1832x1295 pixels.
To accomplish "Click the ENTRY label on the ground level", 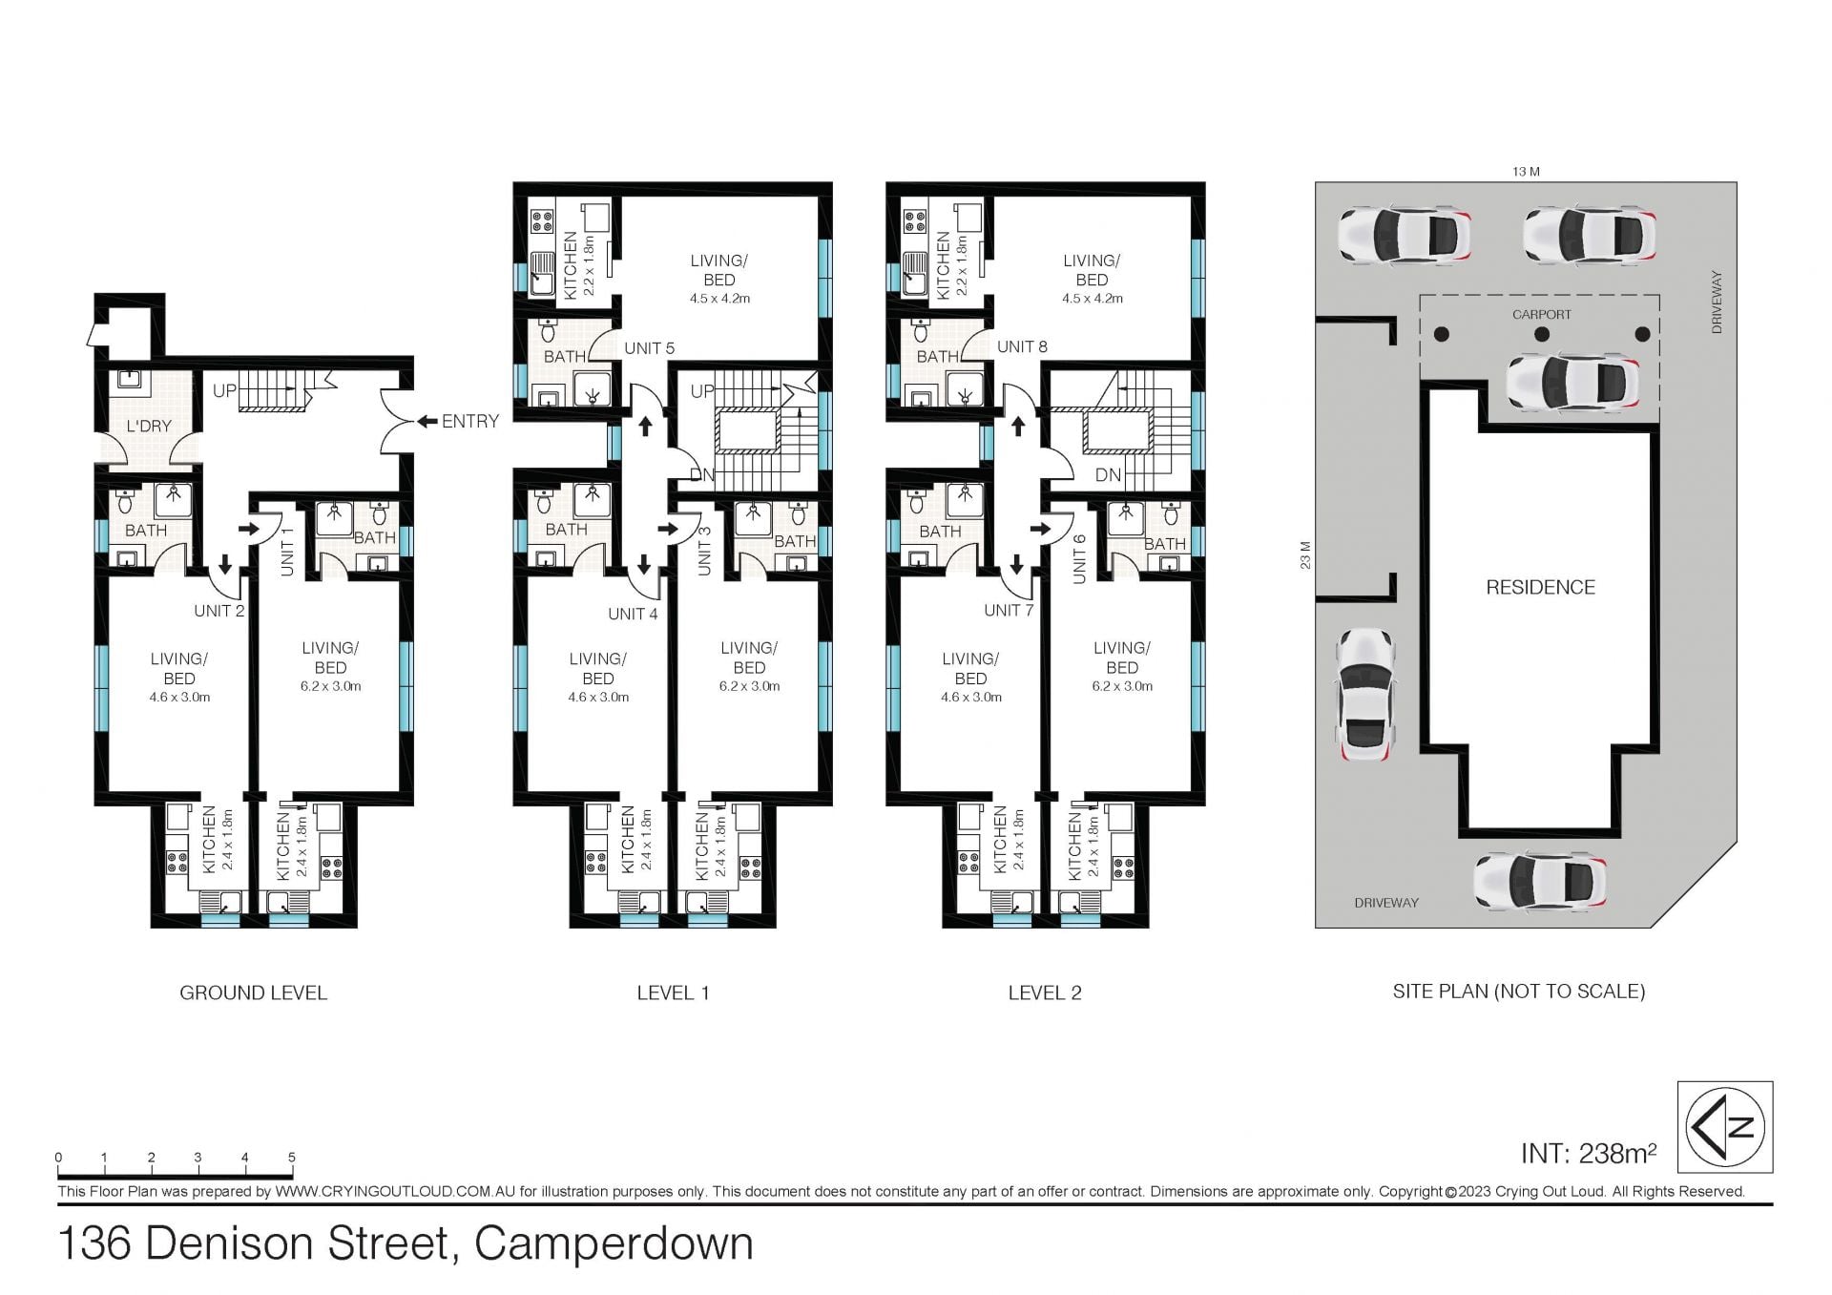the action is (470, 421).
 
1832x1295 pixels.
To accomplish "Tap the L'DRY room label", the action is (149, 426).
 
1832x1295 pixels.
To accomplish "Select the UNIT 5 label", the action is (649, 348).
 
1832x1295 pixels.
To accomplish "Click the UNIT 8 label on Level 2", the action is (1022, 346).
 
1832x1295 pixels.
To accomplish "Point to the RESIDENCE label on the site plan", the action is (1540, 587).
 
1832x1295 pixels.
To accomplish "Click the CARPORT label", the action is (1541, 314).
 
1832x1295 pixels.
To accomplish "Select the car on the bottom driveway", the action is (1540, 881).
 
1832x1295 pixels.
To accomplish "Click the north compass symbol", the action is (1725, 1126).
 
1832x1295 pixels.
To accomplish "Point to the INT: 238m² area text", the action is (1589, 1153).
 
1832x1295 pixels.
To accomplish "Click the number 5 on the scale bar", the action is (292, 1158).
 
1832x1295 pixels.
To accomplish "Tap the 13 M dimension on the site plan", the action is (1526, 172).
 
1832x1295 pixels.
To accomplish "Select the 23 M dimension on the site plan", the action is (1305, 554).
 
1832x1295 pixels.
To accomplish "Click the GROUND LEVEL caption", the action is (253, 992).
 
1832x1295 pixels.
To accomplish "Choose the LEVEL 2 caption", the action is (1045, 992).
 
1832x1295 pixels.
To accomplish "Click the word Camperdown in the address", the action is (614, 1243).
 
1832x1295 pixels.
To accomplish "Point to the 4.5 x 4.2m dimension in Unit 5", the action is (719, 299).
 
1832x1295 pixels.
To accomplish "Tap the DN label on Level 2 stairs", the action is (1108, 474).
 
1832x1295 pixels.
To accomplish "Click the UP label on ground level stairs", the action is (224, 391).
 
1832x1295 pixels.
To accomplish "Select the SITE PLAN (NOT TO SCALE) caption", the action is (1519, 992).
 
